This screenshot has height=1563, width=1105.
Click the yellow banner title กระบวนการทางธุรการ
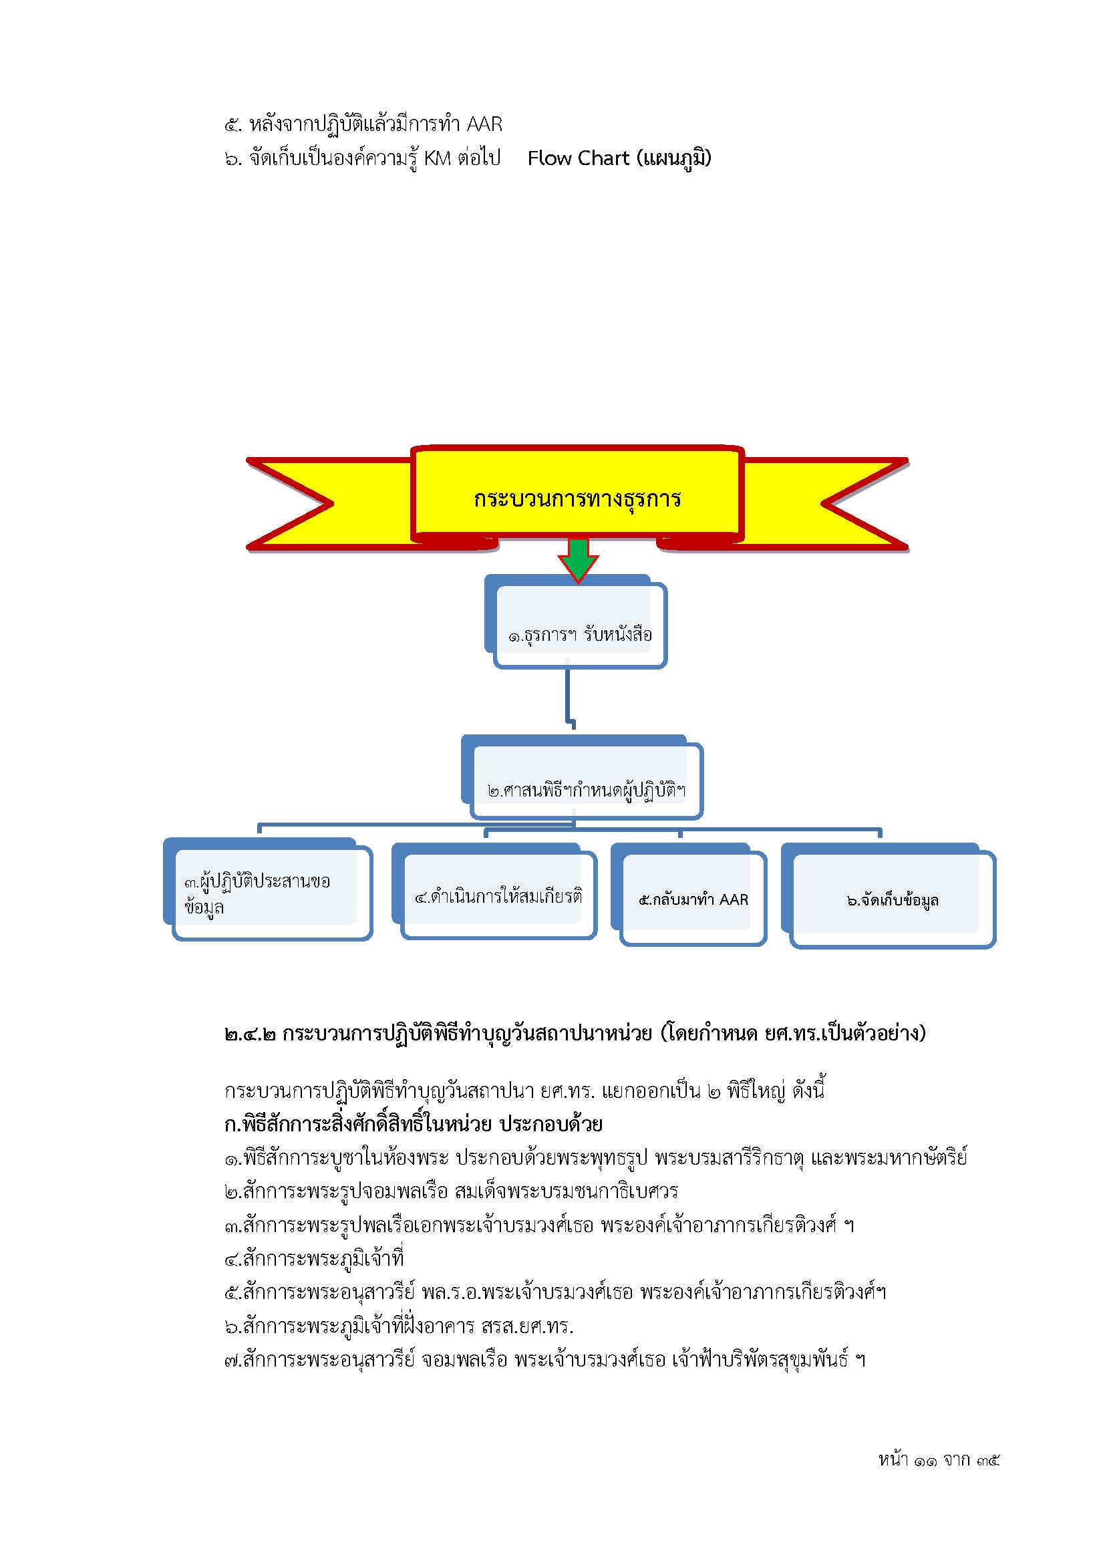pos(578,499)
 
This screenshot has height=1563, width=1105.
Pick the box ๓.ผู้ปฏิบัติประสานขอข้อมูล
pos(268,889)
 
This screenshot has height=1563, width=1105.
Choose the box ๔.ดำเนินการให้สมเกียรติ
pos(494,892)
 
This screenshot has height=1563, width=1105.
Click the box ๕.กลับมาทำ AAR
pos(689,895)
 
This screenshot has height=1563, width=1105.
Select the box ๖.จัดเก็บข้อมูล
pos(889,897)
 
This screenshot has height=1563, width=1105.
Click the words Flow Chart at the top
pos(579,158)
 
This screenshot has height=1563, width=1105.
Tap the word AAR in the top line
pos(484,124)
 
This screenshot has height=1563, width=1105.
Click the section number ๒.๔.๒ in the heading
pos(250,1034)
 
